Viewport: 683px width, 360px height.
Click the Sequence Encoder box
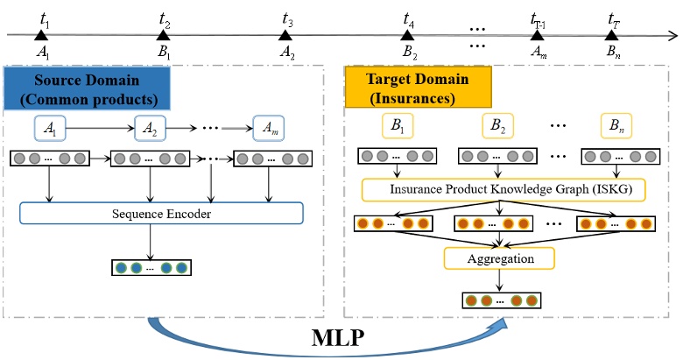tap(161, 213)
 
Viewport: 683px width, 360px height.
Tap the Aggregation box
tap(499, 258)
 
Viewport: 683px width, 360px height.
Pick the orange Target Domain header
tap(419, 87)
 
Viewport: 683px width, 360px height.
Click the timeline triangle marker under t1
tap(41, 35)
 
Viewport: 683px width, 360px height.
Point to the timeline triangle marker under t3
tap(285, 35)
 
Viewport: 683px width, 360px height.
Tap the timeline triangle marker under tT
tap(612, 35)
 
